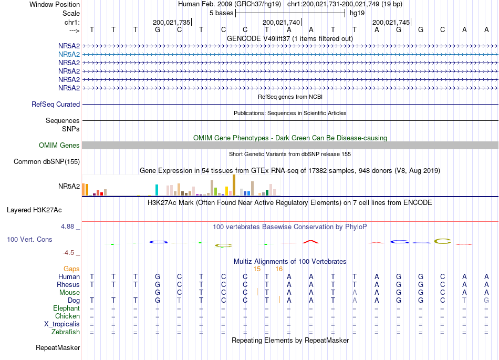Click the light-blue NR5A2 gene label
pyautogui.click(x=69, y=55)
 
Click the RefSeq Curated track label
pyautogui.click(x=56, y=105)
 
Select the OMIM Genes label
pyautogui.click(x=59, y=146)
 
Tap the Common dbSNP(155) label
pyautogui.click(x=47, y=162)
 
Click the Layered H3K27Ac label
pyautogui.click(x=34, y=210)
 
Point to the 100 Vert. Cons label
pyautogui.click(x=29, y=239)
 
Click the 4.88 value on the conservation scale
pyautogui.click(x=67, y=227)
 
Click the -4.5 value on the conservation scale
pyautogui.click(x=68, y=253)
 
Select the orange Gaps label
pyautogui.click(x=71, y=269)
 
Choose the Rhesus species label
pyautogui.click(x=68, y=284)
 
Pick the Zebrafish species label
pyautogui.click(x=66, y=332)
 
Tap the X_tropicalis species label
pyautogui.click(x=62, y=324)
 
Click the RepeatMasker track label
pyautogui.click(x=58, y=347)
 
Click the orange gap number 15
pyautogui.click(x=257, y=269)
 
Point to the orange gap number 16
pyautogui.click(x=279, y=269)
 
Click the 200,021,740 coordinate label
pyautogui.click(x=282, y=22)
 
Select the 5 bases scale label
pyautogui.click(x=222, y=13)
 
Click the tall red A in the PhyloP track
pyautogui.click(x=310, y=242)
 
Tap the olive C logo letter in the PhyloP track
pyautogui.click(x=443, y=241)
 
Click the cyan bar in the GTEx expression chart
pyautogui.click(x=157, y=190)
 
